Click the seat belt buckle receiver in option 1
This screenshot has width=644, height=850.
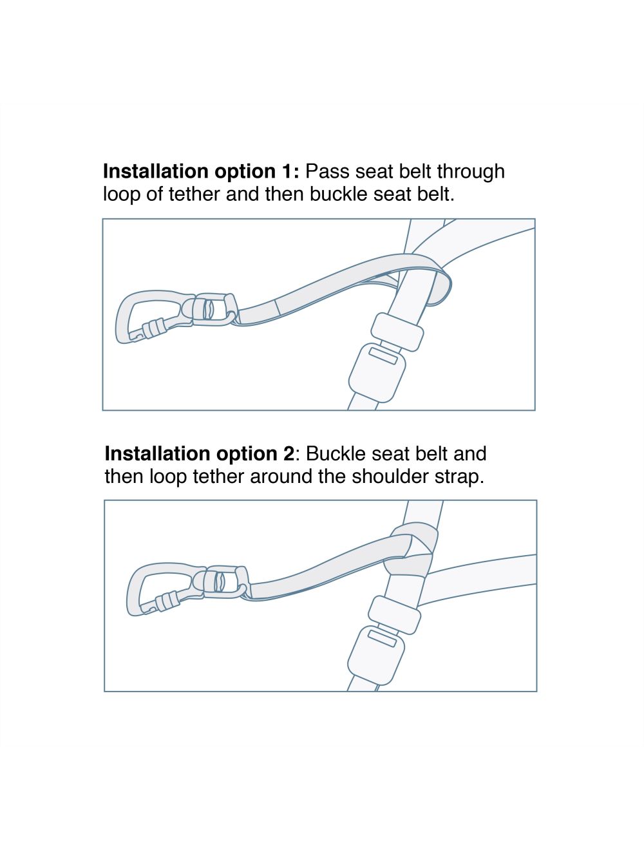tap(377, 373)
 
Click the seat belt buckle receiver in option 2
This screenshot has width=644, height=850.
tap(375, 656)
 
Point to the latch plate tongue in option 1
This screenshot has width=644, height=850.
tap(397, 332)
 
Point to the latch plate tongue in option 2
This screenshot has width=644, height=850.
tap(394, 615)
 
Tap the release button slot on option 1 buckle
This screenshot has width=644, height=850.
tap(383, 355)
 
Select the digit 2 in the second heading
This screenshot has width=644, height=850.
tap(289, 453)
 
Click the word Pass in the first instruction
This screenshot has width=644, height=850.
tap(328, 171)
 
